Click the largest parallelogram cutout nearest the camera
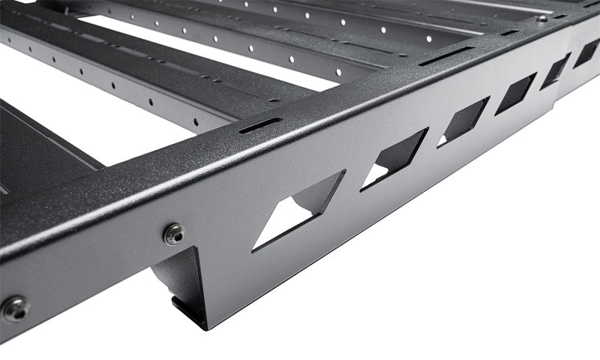pyautogui.click(x=300, y=210)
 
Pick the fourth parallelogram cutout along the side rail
pyautogui.click(x=516, y=94)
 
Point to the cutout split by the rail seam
pyautogui.click(x=556, y=72)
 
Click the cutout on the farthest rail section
pyautogui.click(x=586, y=53)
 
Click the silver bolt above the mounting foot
pyautogui.click(x=174, y=234)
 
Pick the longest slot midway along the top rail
pyautogui.click(x=445, y=56)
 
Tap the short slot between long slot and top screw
pyautogui.click(x=509, y=32)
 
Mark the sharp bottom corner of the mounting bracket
pyautogui.click(x=204, y=328)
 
